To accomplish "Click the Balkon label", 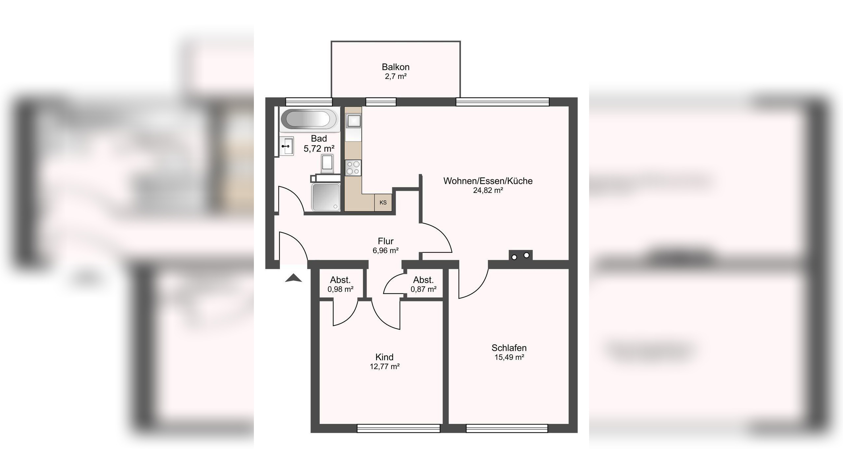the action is tap(395, 67).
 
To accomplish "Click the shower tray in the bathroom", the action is tap(326, 197).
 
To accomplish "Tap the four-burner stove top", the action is tap(353, 168).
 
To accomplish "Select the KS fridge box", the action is tap(383, 202).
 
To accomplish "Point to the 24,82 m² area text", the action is tap(488, 190).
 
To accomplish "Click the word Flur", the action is tap(386, 241).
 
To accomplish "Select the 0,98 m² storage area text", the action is tap(340, 289).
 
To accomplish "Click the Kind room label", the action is tap(384, 357).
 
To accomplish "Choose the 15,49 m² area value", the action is tap(509, 357).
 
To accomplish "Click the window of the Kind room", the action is tap(398, 428).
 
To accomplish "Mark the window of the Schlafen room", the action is tap(507, 428).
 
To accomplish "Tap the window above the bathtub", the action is tap(309, 102).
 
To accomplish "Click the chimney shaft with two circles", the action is tap(521, 256).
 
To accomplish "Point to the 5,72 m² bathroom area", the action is tap(319, 149).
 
